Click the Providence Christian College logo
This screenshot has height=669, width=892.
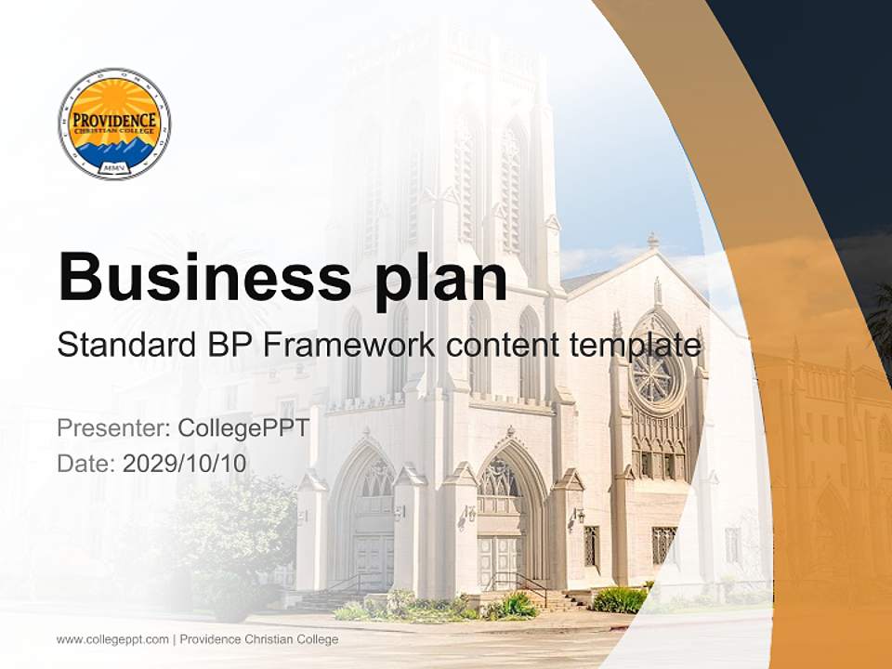(x=113, y=124)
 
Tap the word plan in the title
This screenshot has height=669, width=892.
(x=434, y=277)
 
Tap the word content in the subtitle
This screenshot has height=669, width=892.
(x=505, y=345)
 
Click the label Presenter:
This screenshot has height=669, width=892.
(x=112, y=428)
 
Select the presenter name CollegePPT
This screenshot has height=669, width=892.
(x=243, y=428)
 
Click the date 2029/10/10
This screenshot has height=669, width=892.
(x=185, y=463)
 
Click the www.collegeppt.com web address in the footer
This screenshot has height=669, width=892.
(x=112, y=639)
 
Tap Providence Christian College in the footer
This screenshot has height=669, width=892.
(x=259, y=639)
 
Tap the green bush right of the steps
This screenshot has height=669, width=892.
(x=618, y=599)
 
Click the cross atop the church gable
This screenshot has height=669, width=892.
(x=653, y=241)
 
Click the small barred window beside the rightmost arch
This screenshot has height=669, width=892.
(x=664, y=544)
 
